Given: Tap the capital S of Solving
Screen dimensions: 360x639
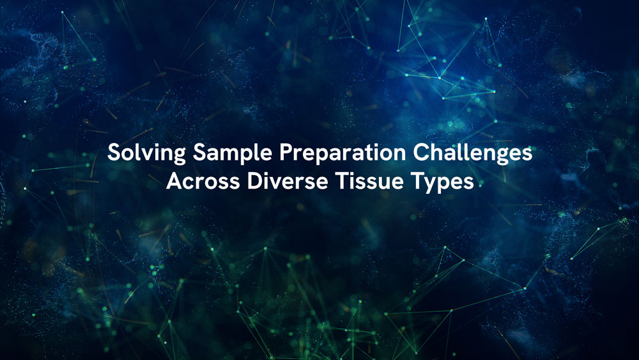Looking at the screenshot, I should (x=113, y=154).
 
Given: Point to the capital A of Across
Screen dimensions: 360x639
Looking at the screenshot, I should (x=173, y=181).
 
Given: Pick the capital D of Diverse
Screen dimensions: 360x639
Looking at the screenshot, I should (x=242, y=181).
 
